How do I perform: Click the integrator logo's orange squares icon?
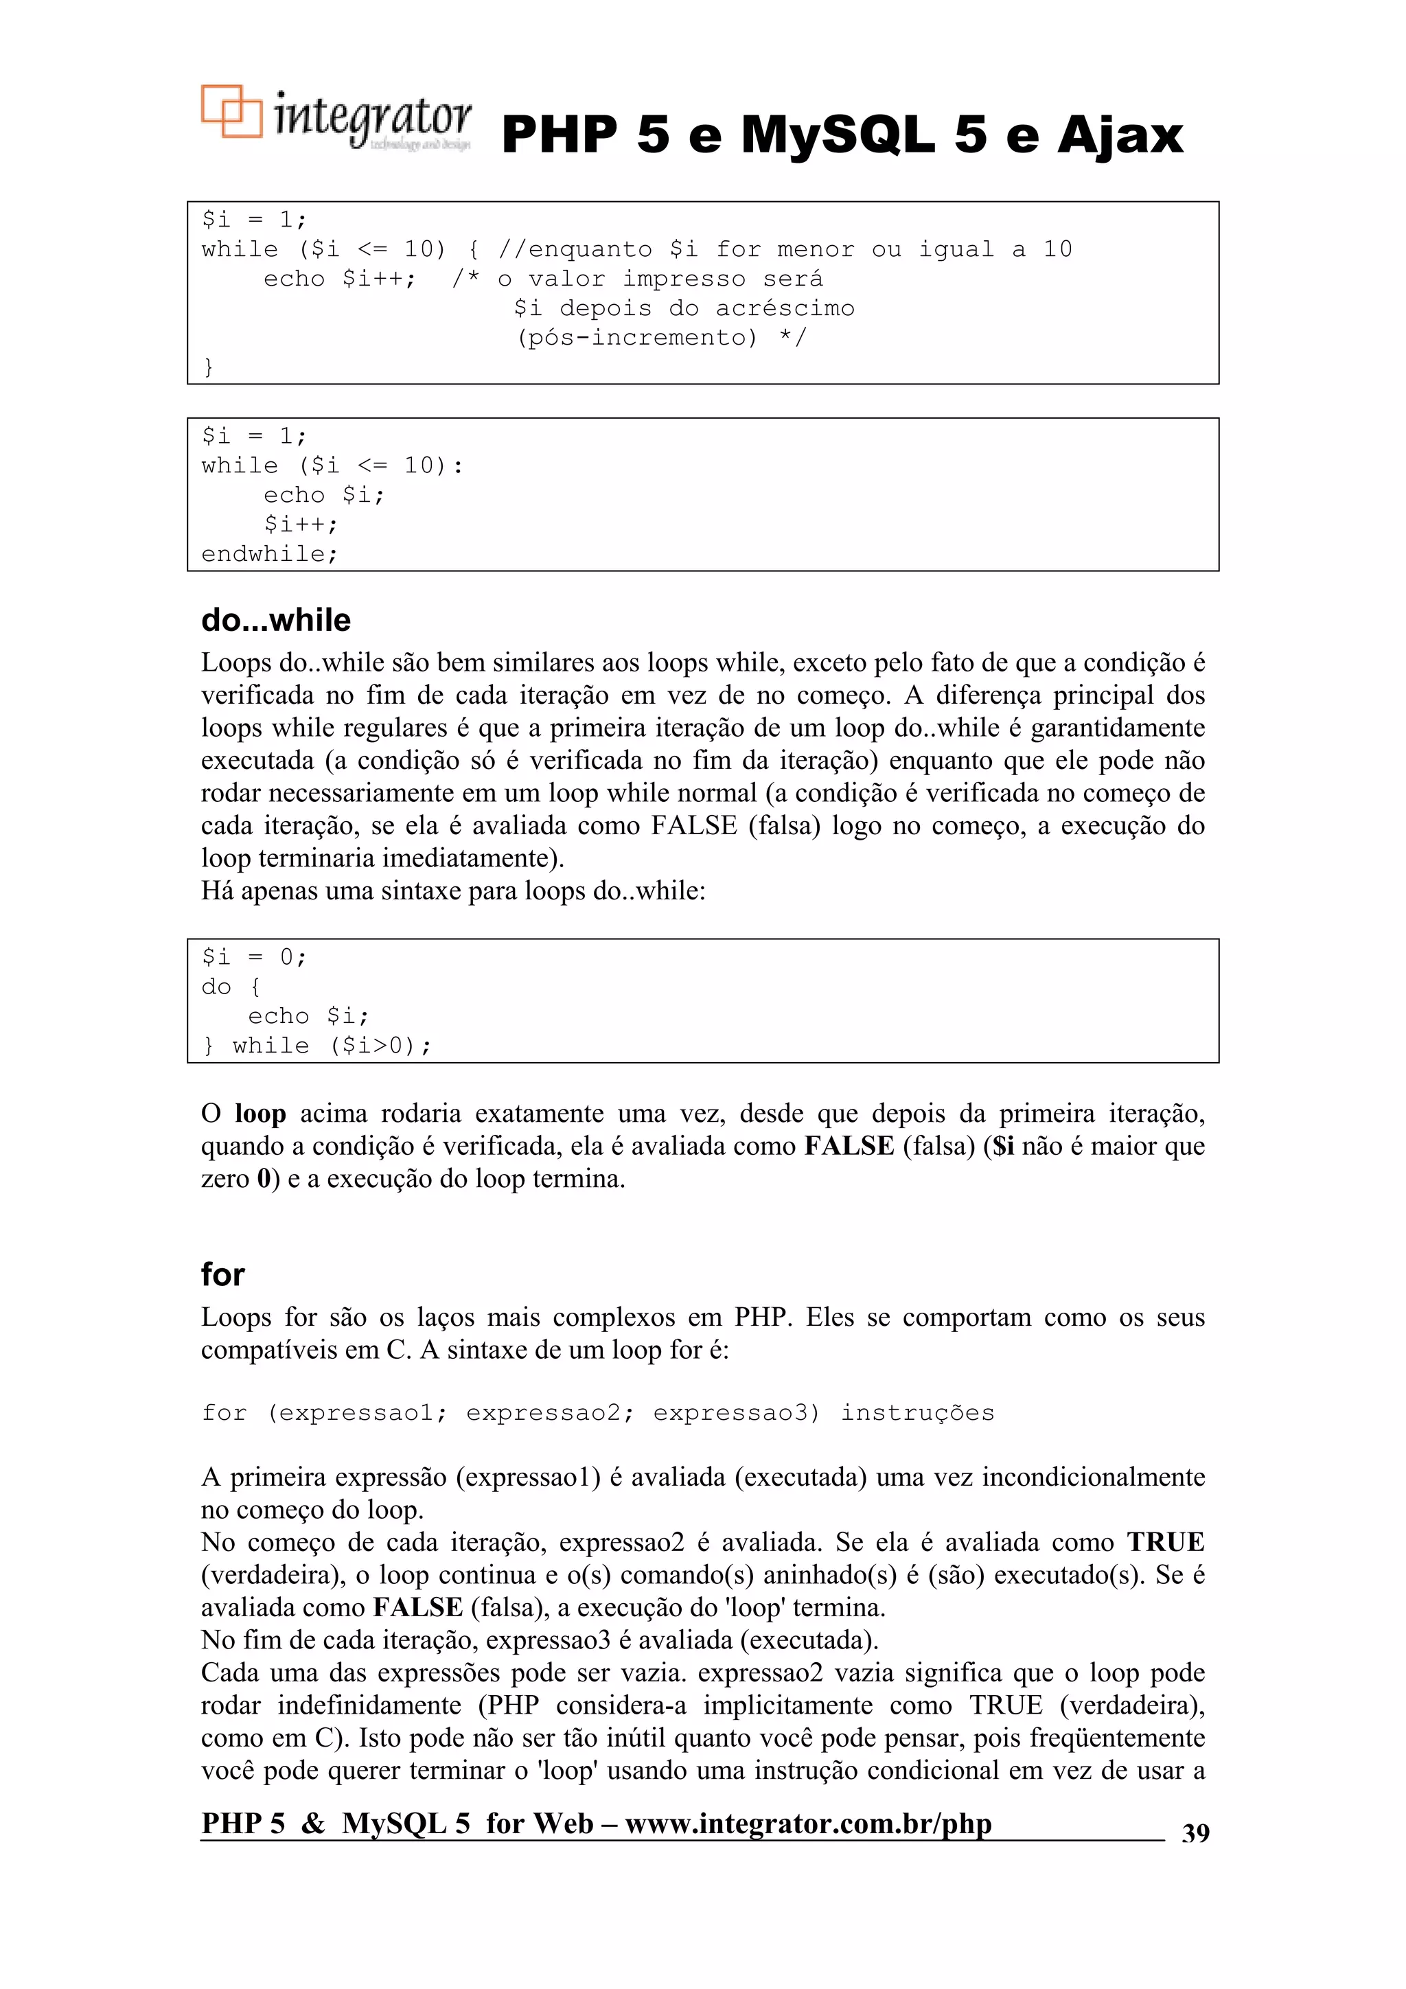(231, 111)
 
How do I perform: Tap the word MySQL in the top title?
(838, 135)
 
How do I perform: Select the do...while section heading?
(275, 620)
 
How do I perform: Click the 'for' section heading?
(222, 1274)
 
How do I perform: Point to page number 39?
(1195, 1832)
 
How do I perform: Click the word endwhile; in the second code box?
(269, 553)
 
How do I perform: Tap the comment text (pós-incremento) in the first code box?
(636, 337)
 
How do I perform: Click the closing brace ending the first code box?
(208, 367)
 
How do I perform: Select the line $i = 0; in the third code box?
(254, 957)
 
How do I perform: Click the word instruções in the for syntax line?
(917, 1413)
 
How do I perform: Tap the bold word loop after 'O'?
(260, 1114)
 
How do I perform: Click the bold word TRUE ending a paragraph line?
(1165, 1542)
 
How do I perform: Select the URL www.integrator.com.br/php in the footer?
(807, 1824)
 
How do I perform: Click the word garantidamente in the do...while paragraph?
(1118, 728)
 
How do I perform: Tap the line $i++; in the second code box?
(301, 524)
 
